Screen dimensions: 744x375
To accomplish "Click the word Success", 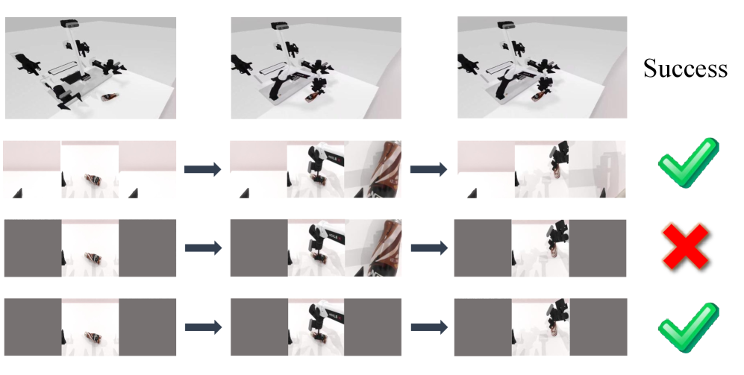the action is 685,69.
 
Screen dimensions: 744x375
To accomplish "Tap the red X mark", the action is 686,247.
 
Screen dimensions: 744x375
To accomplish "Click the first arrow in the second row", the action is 203,168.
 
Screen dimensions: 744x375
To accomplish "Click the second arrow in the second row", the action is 429,168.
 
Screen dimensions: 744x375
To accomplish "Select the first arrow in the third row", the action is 203,248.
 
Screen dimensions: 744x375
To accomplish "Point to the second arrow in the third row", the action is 429,248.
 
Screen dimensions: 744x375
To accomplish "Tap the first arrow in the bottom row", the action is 203,327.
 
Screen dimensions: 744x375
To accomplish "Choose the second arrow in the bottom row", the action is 429,327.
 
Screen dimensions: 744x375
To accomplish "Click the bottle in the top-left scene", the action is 110,97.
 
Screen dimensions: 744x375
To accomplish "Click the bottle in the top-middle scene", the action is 312,97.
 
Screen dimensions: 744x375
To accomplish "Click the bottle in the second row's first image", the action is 92,180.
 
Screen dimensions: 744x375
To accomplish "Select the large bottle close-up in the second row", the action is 383,168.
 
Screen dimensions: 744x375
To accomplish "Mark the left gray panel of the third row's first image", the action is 33,248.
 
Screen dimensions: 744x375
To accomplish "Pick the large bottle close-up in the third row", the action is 383,248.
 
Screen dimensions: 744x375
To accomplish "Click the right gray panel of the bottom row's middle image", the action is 372,327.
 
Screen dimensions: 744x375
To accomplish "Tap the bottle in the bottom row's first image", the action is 92,338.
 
